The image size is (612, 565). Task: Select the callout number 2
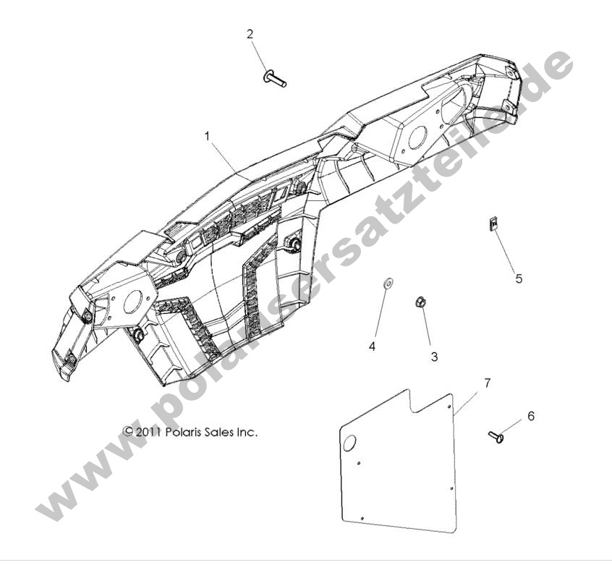click(x=250, y=33)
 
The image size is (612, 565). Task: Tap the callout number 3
click(x=434, y=357)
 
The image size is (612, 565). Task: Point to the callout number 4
click(x=373, y=347)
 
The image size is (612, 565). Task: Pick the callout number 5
click(x=518, y=278)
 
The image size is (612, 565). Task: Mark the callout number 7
click(x=487, y=383)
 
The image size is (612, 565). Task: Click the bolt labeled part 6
click(x=496, y=436)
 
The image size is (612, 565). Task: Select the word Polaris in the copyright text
click(x=184, y=432)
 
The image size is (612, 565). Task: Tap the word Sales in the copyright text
click(x=222, y=432)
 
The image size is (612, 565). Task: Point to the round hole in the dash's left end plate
click(x=135, y=307)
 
